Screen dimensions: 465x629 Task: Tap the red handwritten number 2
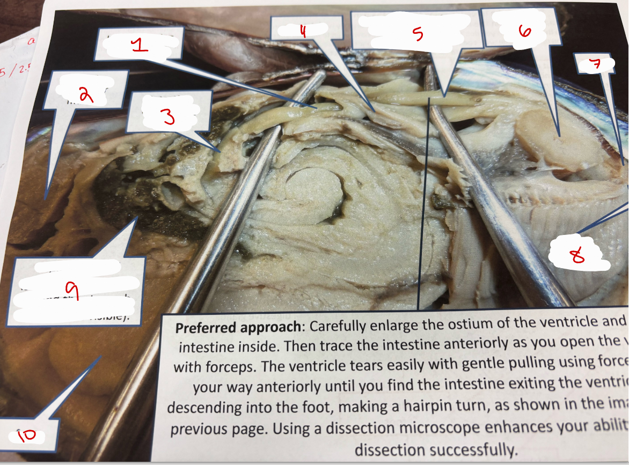85,95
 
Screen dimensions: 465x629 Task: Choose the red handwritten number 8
577,257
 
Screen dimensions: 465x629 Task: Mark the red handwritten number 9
75,291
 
